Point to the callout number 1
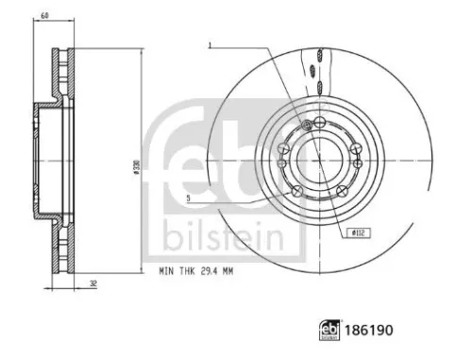(x=210, y=44)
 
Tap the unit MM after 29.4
(x=229, y=271)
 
